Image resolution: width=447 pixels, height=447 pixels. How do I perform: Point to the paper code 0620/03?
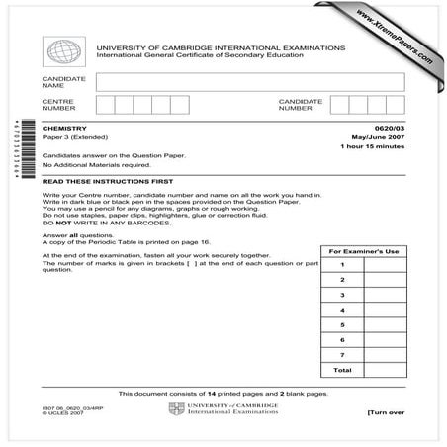[x=389, y=128]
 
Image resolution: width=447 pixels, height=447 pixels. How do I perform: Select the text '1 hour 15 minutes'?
[x=373, y=147]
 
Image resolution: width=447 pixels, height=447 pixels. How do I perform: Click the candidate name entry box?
[x=250, y=81]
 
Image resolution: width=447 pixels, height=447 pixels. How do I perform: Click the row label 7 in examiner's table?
[x=341, y=353]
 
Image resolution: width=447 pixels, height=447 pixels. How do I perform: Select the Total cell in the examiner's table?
[x=341, y=370]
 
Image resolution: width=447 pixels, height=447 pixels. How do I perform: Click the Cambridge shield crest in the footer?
[x=176, y=408]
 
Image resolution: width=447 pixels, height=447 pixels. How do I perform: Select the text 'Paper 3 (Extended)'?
[x=74, y=137]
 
